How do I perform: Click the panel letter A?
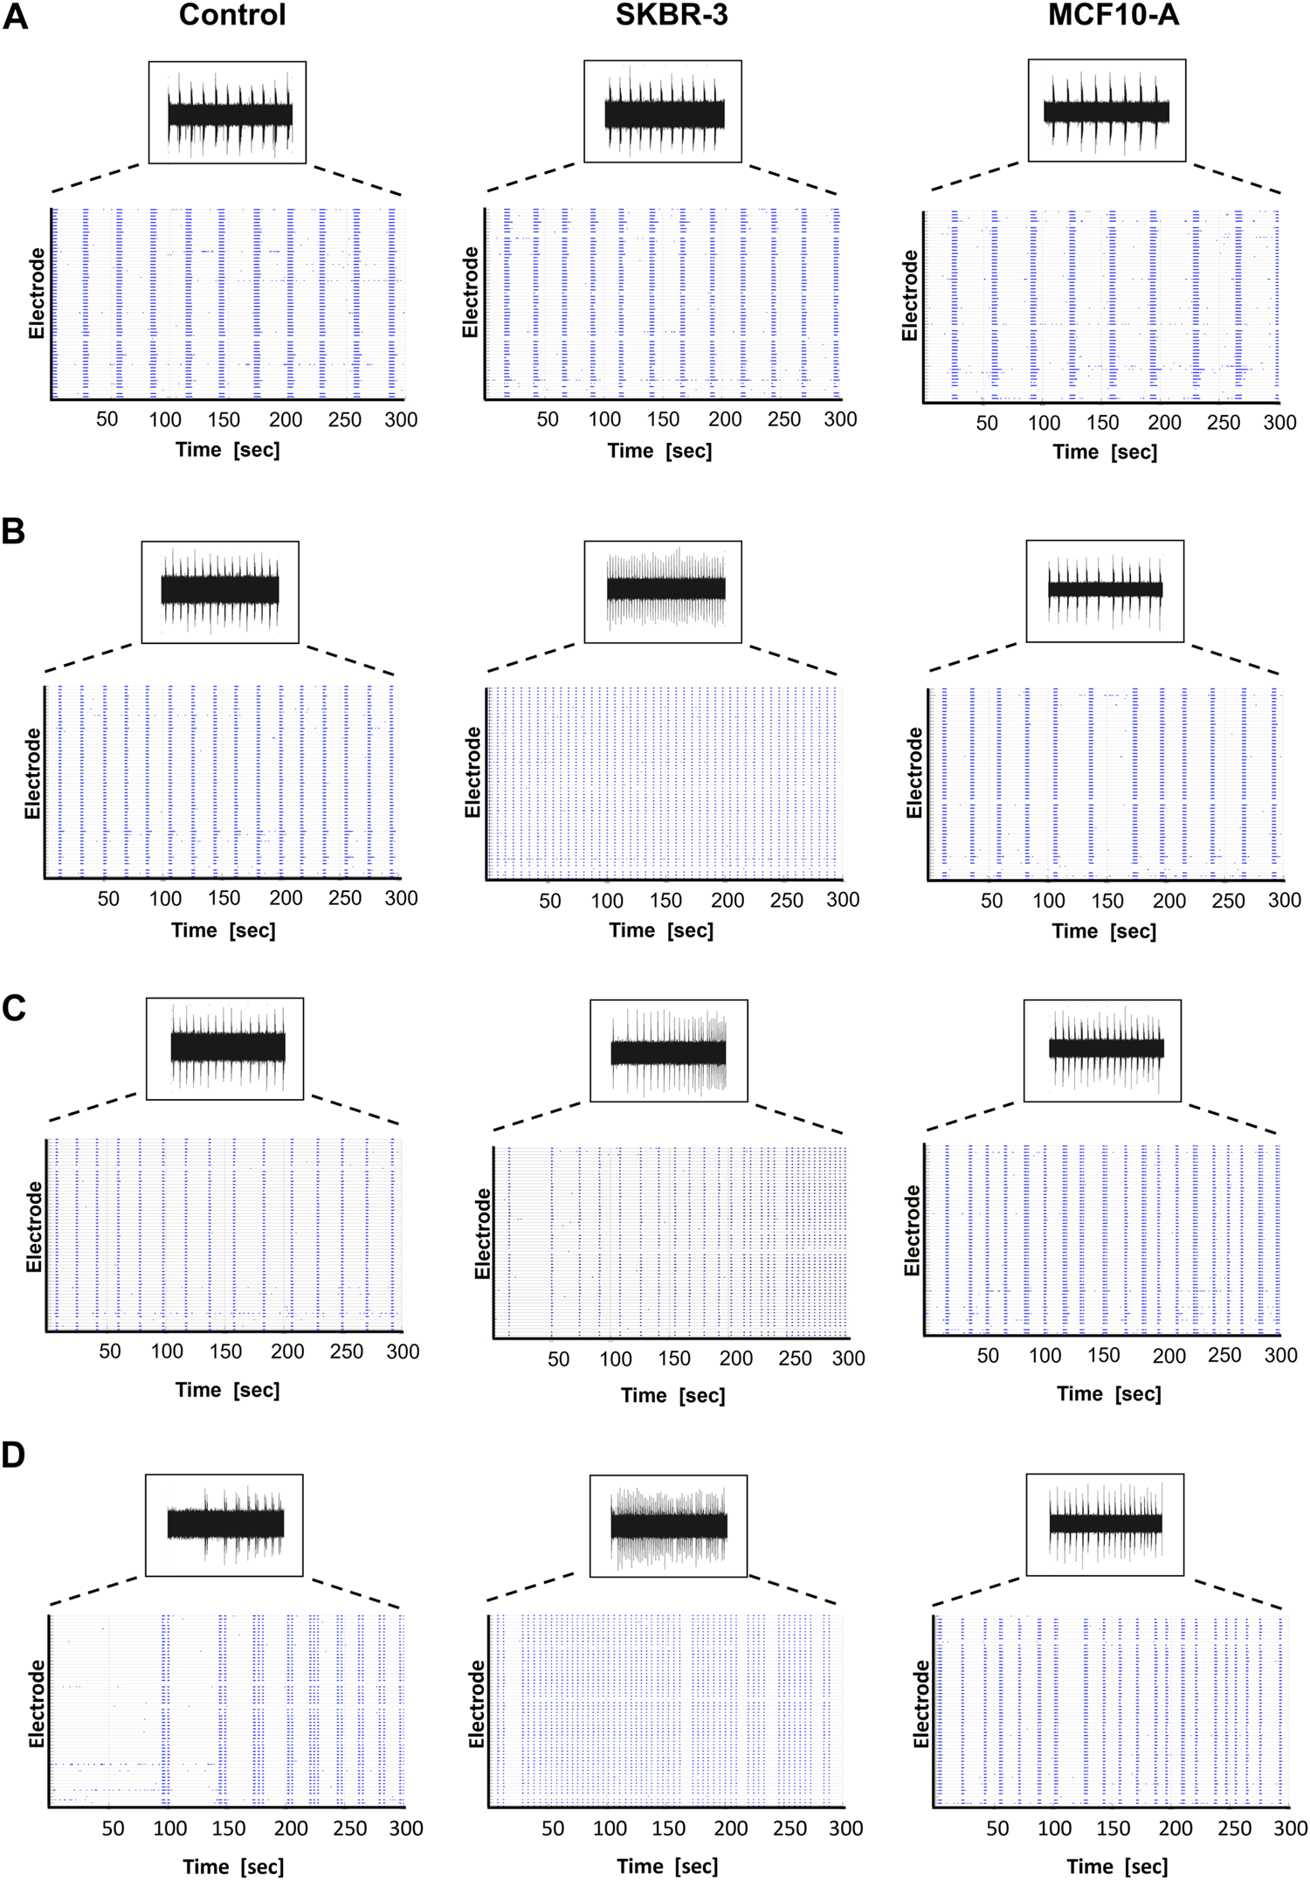pyautogui.click(x=15, y=17)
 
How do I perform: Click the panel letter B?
pyautogui.click(x=13, y=531)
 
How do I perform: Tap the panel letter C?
pyautogui.click(x=14, y=1008)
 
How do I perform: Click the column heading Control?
pyautogui.click(x=232, y=16)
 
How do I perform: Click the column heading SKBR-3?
pyautogui.click(x=671, y=16)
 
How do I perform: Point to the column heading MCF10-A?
pyautogui.click(x=1113, y=16)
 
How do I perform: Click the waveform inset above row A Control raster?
pyautogui.click(x=227, y=112)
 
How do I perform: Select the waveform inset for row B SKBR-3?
pyautogui.click(x=662, y=591)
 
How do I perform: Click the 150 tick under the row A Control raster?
pyautogui.click(x=224, y=419)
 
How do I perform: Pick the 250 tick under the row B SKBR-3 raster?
pyautogui.click(x=786, y=899)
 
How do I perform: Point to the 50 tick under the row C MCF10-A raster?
pyautogui.click(x=988, y=1355)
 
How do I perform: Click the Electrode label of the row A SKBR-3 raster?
pyautogui.click(x=471, y=292)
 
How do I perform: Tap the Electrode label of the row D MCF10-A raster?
pyautogui.click(x=920, y=1704)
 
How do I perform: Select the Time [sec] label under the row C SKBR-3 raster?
pyautogui.click(x=672, y=1395)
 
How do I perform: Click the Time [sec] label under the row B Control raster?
pyautogui.click(x=224, y=930)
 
